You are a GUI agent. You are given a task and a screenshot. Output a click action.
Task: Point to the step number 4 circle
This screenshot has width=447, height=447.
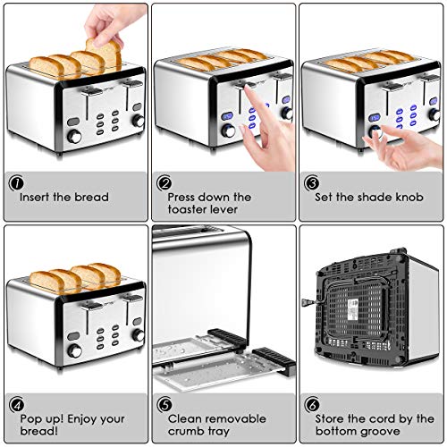coord(16,405)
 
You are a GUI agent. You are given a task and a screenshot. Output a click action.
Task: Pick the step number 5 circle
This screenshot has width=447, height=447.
coord(164,405)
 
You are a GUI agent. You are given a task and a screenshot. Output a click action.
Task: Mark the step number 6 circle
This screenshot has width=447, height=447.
coord(312,405)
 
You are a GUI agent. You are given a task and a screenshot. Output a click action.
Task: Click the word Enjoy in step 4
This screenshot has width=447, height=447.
coord(88,418)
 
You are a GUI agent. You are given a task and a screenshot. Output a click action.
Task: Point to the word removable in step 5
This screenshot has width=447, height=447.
coord(235,418)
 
